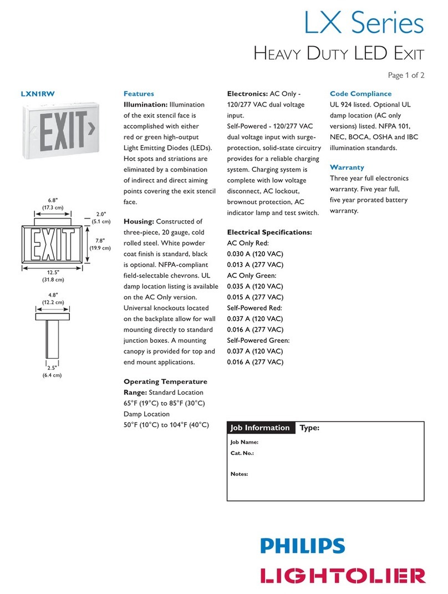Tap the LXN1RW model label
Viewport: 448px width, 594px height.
pos(38,94)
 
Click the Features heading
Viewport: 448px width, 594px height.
pos(139,94)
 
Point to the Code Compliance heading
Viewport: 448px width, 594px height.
pos(360,94)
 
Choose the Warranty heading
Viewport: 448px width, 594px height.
pos(347,167)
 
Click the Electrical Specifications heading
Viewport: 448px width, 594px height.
pos(269,232)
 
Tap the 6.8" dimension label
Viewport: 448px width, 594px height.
pos(53,200)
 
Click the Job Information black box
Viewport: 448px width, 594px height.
pos(261,428)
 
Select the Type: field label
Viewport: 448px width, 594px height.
pos(310,428)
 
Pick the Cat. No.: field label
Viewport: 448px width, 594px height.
pos(242,453)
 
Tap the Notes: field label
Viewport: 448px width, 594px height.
pos(239,474)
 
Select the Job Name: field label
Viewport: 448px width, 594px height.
pos(245,443)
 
